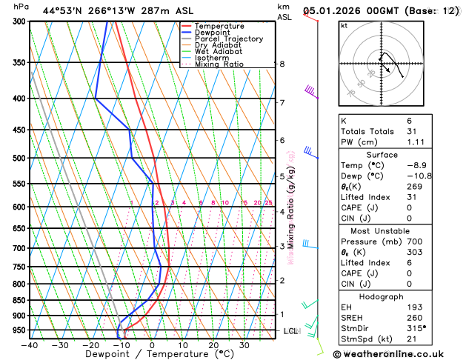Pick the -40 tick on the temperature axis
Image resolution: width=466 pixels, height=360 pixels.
coord(30,344)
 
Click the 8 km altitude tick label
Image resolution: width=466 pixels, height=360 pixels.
coord(282,64)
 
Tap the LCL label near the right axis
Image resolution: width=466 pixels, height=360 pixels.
coord(290,331)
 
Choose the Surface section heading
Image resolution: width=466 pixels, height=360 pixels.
coord(397,155)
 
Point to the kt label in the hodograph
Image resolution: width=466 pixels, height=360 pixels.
coord(344,25)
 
